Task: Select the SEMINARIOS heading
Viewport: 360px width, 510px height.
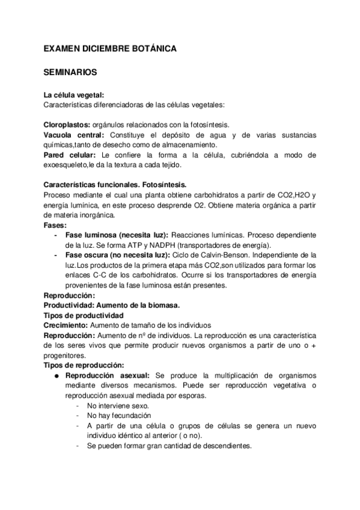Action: (72, 72)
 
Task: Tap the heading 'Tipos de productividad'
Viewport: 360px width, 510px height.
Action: (84, 315)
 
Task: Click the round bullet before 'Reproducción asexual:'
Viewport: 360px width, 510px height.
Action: (55, 375)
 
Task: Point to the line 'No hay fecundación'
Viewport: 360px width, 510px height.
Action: (120, 416)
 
